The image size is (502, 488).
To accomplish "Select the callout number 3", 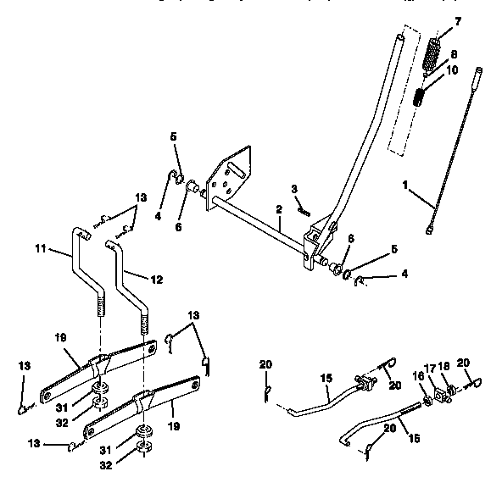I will coord(293,188).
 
